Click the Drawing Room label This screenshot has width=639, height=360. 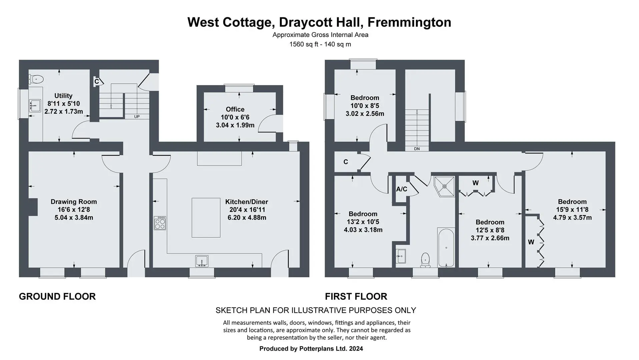coord(74,202)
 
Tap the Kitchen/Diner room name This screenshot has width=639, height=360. coord(247,202)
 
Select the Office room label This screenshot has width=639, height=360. coord(235,109)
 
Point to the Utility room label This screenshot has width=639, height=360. coord(63,96)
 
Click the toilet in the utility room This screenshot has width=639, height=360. coord(36,79)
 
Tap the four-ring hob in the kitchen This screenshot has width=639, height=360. coord(160,223)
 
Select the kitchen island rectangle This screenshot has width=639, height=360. coord(206,218)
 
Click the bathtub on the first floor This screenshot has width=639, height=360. coord(446,247)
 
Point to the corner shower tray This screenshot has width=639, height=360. coord(444,187)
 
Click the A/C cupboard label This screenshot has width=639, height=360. coord(402,189)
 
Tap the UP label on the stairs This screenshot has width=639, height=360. coord(137,117)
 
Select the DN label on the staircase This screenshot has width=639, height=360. coord(417,149)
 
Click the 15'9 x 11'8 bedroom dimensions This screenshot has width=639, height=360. coord(572,210)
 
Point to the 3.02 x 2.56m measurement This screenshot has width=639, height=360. coord(365,114)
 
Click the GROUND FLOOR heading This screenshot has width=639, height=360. coord(57,296)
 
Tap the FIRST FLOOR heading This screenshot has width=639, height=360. coord(356,296)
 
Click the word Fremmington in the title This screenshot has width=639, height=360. coord(410,22)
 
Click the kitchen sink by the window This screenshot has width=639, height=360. coord(202,261)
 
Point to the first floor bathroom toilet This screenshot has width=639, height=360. coord(425,260)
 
